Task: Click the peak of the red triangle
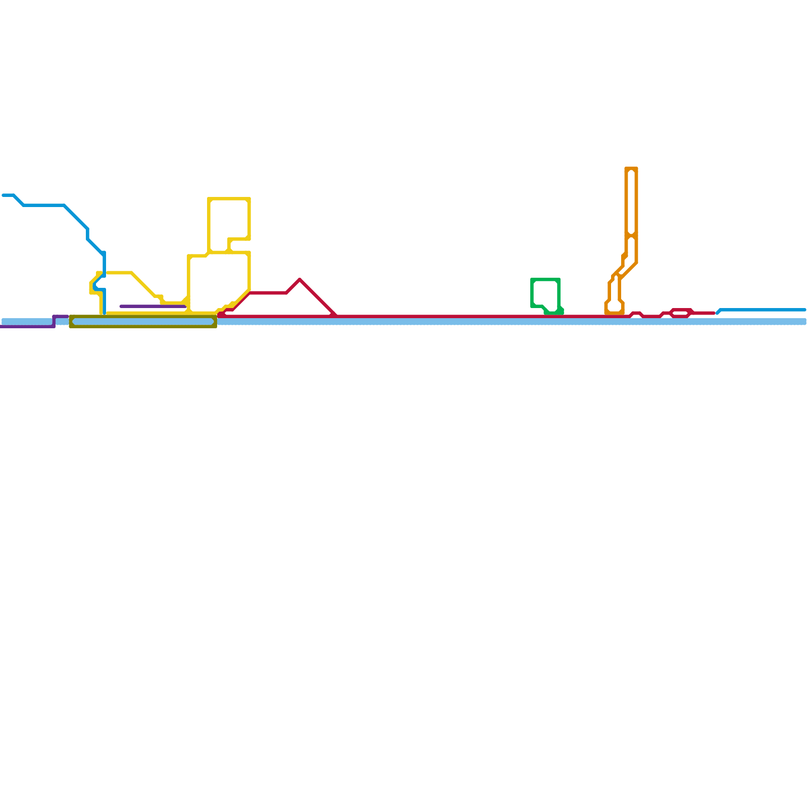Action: (x=300, y=279)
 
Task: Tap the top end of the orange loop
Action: (x=631, y=169)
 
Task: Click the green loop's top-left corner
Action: (x=533, y=279)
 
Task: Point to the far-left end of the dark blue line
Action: (x=3, y=195)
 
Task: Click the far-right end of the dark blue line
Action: (x=804, y=310)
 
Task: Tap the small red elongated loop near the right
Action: (x=681, y=313)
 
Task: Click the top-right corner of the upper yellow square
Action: (x=249, y=199)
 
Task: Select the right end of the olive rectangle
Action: (x=215, y=321)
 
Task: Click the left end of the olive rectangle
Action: (x=71, y=321)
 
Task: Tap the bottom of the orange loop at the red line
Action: (x=614, y=313)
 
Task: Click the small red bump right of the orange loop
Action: (x=636, y=313)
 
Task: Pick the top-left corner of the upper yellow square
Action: (x=209, y=199)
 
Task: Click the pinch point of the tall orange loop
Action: (x=631, y=235)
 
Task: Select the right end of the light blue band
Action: (x=804, y=322)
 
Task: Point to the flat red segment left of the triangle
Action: (x=268, y=292)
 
